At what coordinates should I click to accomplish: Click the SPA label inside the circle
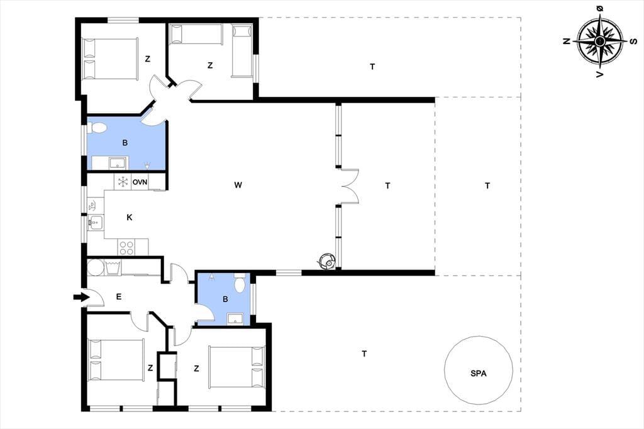pyautogui.click(x=479, y=374)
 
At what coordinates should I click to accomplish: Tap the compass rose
pyautogui.click(x=599, y=41)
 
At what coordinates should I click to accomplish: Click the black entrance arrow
pyautogui.click(x=81, y=297)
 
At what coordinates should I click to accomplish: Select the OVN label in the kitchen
pyautogui.click(x=140, y=182)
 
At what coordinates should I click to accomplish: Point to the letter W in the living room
pyautogui.click(x=238, y=185)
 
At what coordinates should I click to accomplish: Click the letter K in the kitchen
pyautogui.click(x=130, y=218)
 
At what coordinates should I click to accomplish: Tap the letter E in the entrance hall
pyautogui.click(x=119, y=297)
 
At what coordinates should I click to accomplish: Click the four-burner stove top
pyautogui.click(x=126, y=247)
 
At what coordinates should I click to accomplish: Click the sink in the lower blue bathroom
pyautogui.click(x=235, y=318)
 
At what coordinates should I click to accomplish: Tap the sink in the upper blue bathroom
pyautogui.click(x=118, y=163)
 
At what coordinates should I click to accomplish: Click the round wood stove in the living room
pyautogui.click(x=327, y=260)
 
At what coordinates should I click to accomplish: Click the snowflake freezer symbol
pyautogui.click(x=123, y=182)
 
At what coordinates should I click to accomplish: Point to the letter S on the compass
pyautogui.click(x=634, y=41)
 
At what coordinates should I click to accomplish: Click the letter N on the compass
pyautogui.click(x=567, y=41)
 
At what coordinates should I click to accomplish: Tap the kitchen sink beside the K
pyautogui.click(x=96, y=223)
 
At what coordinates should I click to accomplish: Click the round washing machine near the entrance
pyautogui.click(x=96, y=267)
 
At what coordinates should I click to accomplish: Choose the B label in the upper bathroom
pyautogui.click(x=125, y=143)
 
